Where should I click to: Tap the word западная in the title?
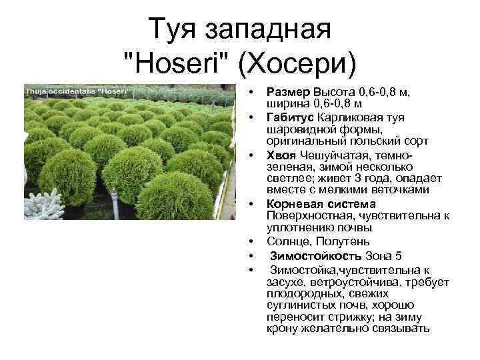268,30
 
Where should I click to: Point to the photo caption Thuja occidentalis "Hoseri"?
78,91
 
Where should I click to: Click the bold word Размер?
288,92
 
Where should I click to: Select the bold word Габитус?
289,117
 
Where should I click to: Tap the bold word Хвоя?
281,156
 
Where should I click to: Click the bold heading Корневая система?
321,204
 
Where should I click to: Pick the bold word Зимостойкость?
315,256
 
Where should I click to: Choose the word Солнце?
289,241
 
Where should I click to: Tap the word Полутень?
343,241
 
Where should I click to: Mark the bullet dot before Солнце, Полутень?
251,242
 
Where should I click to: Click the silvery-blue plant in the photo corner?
43,205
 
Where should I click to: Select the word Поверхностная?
309,216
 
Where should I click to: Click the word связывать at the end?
401,329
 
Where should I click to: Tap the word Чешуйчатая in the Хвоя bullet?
334,156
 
